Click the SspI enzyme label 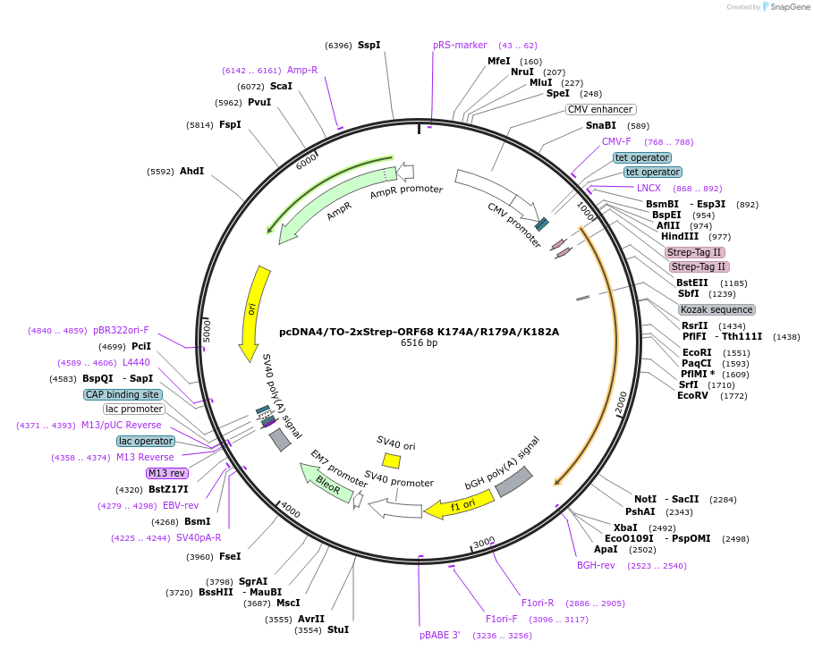point(369,45)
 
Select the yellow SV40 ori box point(391,460)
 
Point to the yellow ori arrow point(254,313)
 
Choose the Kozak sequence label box point(716,309)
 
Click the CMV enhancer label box point(600,109)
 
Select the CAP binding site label point(123,394)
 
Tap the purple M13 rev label point(166,473)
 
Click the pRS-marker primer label point(460,45)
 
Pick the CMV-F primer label point(616,141)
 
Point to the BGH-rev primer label point(596,564)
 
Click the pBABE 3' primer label point(439,635)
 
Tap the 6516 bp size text point(419,342)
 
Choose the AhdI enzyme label point(191,171)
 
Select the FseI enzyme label point(230,556)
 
